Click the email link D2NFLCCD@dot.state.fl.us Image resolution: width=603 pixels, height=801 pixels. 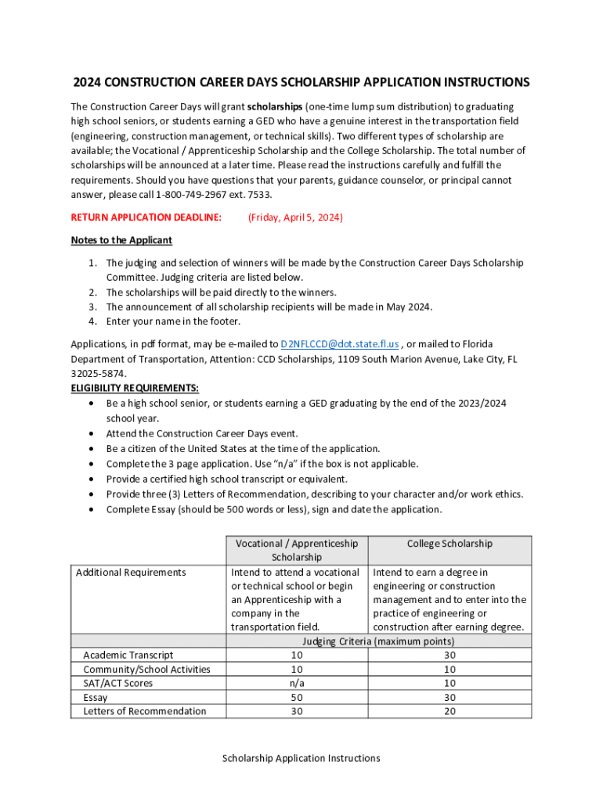click(x=340, y=344)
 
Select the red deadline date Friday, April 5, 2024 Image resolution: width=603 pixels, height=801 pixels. click(x=295, y=217)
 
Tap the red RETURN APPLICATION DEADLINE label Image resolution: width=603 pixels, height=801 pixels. click(x=146, y=217)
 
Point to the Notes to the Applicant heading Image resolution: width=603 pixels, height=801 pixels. click(x=121, y=240)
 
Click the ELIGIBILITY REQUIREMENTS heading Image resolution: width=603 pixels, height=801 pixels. click(x=135, y=388)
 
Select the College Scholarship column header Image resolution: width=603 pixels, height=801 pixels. click(x=450, y=544)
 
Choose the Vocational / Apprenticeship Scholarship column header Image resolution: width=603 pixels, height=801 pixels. click(x=296, y=550)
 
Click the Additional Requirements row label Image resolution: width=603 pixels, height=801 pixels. click(x=131, y=573)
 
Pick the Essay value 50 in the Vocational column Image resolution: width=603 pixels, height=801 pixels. click(x=297, y=697)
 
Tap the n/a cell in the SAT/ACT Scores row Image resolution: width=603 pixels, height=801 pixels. click(x=297, y=683)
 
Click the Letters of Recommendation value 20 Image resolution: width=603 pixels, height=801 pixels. click(x=450, y=711)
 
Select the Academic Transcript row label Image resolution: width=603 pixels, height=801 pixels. click(x=128, y=655)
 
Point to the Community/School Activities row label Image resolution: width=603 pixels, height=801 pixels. click(x=146, y=669)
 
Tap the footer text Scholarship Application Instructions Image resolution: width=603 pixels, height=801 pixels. click(x=301, y=758)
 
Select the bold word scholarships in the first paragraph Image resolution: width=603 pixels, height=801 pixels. click(x=275, y=106)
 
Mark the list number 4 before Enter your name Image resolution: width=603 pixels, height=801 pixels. click(x=92, y=321)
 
